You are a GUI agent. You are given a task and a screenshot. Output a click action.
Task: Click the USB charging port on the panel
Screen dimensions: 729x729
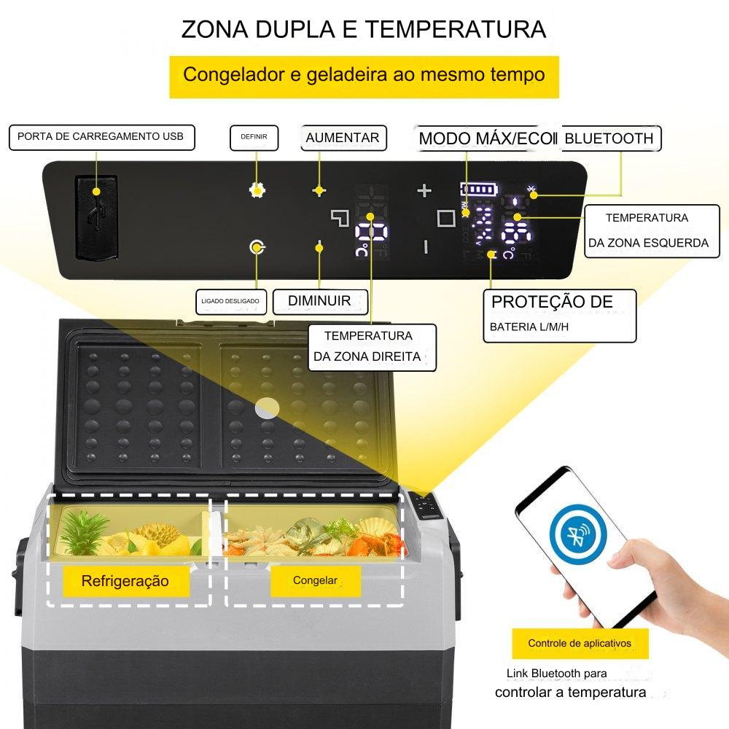point(96,217)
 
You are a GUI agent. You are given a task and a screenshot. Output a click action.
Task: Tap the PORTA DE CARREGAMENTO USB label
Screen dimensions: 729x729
point(102,137)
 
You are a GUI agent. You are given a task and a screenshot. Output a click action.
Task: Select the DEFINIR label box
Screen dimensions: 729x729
point(254,138)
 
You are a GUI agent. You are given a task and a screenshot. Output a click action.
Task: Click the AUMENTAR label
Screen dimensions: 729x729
point(343,138)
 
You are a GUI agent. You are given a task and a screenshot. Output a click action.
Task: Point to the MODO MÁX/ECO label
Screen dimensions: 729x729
point(487,138)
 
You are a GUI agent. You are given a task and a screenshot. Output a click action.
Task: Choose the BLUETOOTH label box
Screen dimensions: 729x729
point(611,138)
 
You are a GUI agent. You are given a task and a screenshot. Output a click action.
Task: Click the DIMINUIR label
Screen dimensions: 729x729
point(320,301)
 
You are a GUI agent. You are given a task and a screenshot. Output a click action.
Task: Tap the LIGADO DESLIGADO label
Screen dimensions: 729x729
point(231,301)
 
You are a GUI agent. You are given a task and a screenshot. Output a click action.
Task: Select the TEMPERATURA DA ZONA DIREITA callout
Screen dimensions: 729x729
point(372,347)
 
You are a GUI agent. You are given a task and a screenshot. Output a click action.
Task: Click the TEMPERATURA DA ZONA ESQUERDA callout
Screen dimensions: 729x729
point(652,230)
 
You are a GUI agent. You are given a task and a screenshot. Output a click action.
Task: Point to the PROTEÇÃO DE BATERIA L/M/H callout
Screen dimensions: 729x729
point(560,316)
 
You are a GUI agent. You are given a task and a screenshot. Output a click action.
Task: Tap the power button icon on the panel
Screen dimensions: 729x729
point(257,247)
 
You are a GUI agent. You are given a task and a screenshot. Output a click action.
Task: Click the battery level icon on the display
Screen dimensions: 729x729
point(479,190)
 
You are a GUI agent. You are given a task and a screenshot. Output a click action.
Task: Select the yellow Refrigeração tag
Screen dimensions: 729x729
point(126,581)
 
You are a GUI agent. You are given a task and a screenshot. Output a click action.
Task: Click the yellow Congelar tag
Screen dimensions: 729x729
point(316,581)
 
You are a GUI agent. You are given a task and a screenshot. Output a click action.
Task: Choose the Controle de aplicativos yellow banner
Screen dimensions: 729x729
point(580,644)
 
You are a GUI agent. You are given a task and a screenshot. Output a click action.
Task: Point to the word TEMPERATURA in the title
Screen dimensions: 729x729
point(456,29)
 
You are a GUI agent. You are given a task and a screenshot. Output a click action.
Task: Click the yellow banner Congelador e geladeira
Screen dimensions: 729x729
point(364,77)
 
